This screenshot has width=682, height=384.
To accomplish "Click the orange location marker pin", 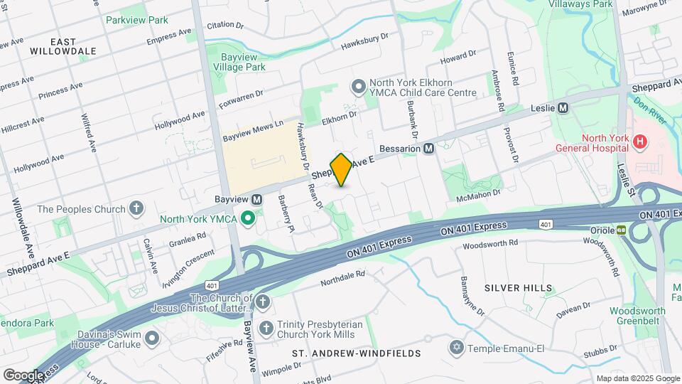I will pyautogui.click(x=341, y=169).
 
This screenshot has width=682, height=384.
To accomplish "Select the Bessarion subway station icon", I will pyautogui.click(x=429, y=149).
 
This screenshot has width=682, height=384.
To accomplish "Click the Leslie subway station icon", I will pyautogui.click(x=563, y=108).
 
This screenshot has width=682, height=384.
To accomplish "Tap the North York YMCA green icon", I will pyautogui.click(x=248, y=218).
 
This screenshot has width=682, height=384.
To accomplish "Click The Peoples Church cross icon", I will pyautogui.click(x=136, y=209).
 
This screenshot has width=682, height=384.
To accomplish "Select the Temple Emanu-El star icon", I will pyautogui.click(x=455, y=348).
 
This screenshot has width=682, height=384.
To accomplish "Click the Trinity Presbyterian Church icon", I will pyautogui.click(x=266, y=328).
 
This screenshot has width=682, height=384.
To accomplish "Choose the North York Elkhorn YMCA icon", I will pyautogui.click(x=359, y=87).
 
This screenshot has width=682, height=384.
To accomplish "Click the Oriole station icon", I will pyautogui.click(x=621, y=230).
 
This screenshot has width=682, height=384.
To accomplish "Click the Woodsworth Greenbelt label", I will pyautogui.click(x=637, y=316).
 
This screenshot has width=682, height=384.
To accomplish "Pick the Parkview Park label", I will pyautogui.click(x=136, y=20).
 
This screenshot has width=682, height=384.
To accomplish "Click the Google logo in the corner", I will pyautogui.click(x=23, y=375).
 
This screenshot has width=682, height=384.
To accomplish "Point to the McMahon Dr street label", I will pyautogui.click(x=480, y=192).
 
